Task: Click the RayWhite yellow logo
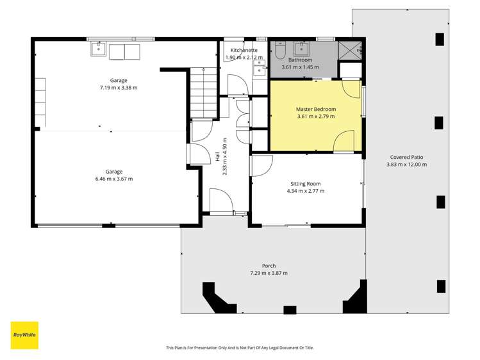(24, 335)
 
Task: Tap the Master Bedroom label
(315, 109)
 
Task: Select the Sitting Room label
(306, 184)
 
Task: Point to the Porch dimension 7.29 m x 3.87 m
(269, 273)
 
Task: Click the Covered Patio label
(406, 157)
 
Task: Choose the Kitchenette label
(244, 50)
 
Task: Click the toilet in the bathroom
(280, 51)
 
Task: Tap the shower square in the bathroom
(350, 51)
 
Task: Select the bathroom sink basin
(302, 49)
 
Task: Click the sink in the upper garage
(98, 49)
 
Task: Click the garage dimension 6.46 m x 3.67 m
(114, 179)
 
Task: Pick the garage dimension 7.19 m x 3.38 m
(119, 88)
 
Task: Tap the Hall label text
(218, 156)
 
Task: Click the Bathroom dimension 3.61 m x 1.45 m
(300, 67)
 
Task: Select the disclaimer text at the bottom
(240, 348)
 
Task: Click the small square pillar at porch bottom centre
(290, 310)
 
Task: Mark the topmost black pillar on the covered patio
(440, 39)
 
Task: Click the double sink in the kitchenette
(260, 67)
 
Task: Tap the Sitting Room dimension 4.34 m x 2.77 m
(306, 191)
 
